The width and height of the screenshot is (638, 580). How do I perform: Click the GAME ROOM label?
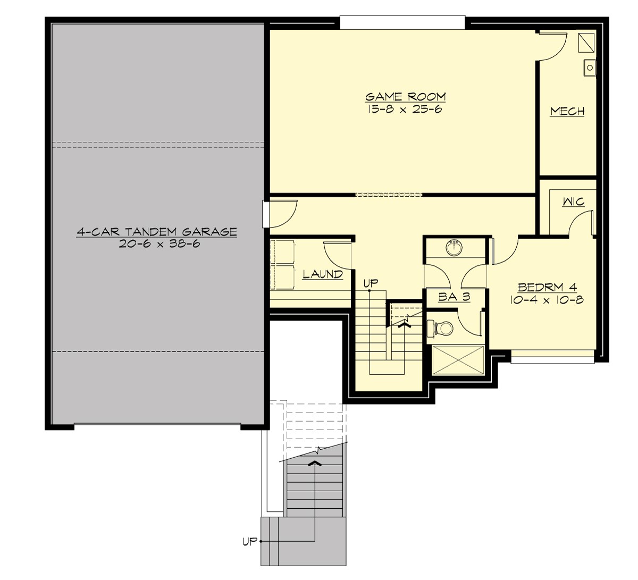coord(405,97)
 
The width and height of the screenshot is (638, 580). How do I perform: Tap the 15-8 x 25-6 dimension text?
coord(405,110)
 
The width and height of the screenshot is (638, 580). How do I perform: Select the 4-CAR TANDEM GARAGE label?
coord(157,232)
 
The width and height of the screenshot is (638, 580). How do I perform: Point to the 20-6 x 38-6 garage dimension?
coord(157,245)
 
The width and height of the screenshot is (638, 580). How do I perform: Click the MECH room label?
coord(567,111)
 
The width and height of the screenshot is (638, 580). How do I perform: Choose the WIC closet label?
coord(574,201)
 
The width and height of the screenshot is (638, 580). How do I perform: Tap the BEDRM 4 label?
coord(547,287)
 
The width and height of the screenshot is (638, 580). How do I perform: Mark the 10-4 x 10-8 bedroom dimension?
coord(547,300)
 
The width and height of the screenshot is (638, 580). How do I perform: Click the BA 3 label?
coord(454,297)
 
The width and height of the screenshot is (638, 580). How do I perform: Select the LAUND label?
coord(323,274)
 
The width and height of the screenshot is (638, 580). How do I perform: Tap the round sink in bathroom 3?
coord(454,248)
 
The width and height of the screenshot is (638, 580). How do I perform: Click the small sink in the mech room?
coord(590,68)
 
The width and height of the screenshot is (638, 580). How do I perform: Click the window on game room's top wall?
coord(402,22)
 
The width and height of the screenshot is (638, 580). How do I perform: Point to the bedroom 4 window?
coord(552,359)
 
